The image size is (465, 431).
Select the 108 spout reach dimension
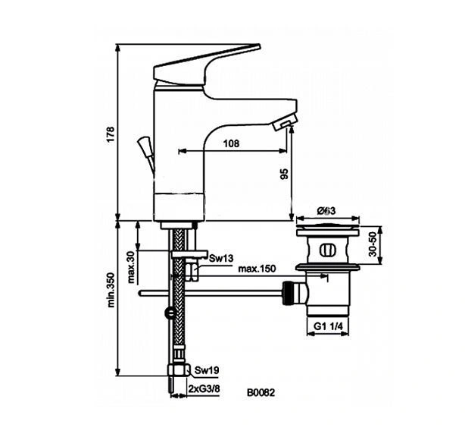[x=232, y=143]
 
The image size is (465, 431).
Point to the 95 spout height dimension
[x=284, y=174]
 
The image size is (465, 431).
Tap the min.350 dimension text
[x=110, y=291]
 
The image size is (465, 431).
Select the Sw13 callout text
[x=221, y=258]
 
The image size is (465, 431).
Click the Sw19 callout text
[x=207, y=370]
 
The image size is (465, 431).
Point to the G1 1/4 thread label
[x=329, y=327]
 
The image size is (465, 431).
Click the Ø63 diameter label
[x=327, y=210]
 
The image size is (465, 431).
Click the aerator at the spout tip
[x=286, y=122]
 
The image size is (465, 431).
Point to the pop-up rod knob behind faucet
[x=143, y=143]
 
